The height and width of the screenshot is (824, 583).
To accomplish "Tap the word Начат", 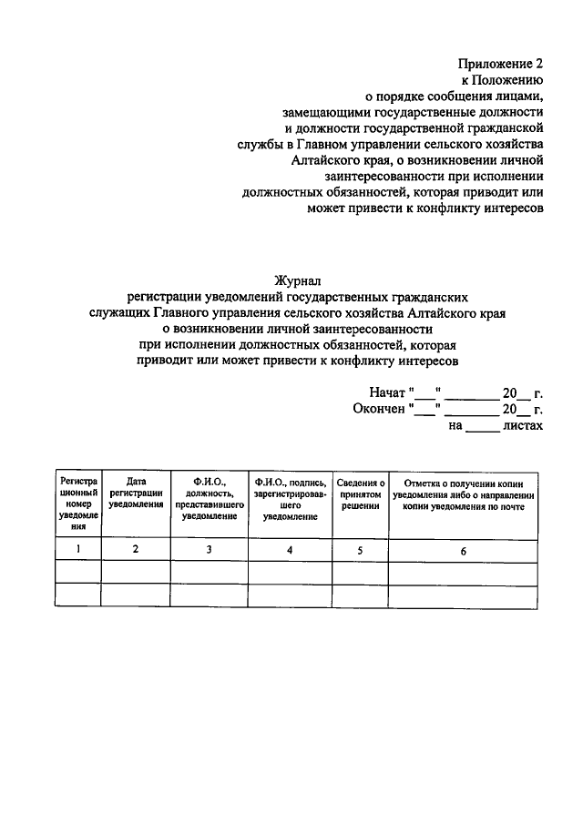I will [x=388, y=393].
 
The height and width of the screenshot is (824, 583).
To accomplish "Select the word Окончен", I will [x=381, y=409].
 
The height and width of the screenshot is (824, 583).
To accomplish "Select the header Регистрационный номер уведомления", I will [x=78, y=504].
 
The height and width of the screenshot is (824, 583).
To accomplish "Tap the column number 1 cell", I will [x=78, y=548].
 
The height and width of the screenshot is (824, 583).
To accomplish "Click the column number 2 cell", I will [x=136, y=548].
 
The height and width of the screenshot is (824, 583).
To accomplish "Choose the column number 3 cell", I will [x=210, y=548].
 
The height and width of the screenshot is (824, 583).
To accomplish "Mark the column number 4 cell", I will [x=290, y=548].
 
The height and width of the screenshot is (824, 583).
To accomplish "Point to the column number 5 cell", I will [x=361, y=548].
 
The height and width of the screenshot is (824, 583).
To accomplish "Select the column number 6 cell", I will [x=463, y=548].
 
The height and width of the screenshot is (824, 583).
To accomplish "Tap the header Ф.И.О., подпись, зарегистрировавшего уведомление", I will [x=291, y=498].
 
